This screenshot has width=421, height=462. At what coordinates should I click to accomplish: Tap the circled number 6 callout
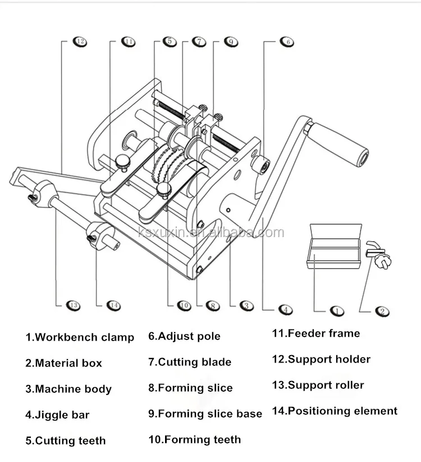point(287,42)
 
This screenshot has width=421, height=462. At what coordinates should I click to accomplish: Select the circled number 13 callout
point(73,305)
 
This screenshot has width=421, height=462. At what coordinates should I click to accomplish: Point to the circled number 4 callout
point(286,309)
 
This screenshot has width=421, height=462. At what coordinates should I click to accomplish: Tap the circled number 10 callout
point(184,305)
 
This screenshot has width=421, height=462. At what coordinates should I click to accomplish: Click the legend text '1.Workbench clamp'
point(79,337)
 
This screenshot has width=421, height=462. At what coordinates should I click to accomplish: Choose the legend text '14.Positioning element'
point(335,411)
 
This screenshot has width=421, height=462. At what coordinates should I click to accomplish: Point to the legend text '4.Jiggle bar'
point(57,415)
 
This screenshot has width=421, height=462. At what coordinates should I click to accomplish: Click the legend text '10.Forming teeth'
point(194,440)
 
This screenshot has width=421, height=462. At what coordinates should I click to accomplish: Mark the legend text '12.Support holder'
point(321,359)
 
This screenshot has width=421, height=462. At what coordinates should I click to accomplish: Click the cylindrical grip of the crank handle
point(340,145)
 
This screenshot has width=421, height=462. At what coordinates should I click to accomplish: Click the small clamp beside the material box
point(378,253)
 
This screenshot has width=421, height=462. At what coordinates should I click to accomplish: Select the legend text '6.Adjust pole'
point(184,336)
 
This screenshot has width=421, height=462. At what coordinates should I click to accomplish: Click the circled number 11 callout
point(129,42)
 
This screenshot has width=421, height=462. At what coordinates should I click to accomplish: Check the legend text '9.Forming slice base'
point(205,414)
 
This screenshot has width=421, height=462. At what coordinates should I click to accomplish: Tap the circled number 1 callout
point(336,310)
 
